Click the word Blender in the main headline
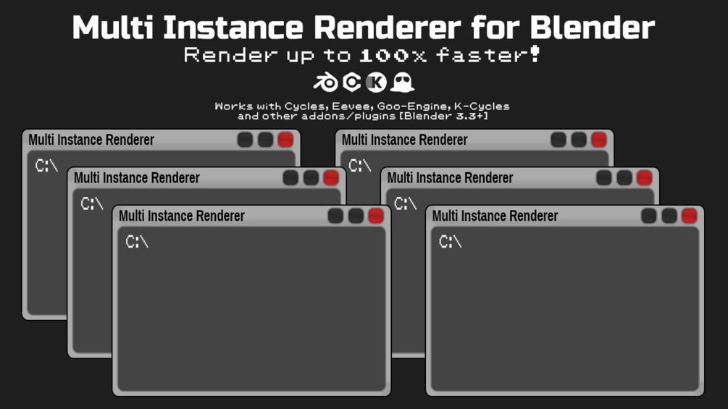click(592, 28)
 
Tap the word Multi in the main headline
click(113, 28)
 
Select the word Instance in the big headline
click(233, 28)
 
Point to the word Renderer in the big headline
click(388, 28)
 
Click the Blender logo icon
click(325, 83)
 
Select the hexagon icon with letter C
click(352, 83)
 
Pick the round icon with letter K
click(376, 83)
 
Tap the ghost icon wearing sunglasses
click(402, 83)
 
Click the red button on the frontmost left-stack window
click(376, 216)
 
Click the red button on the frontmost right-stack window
click(689, 216)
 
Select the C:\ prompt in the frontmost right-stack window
click(451, 242)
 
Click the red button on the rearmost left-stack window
click(285, 140)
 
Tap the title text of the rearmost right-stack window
click(404, 140)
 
